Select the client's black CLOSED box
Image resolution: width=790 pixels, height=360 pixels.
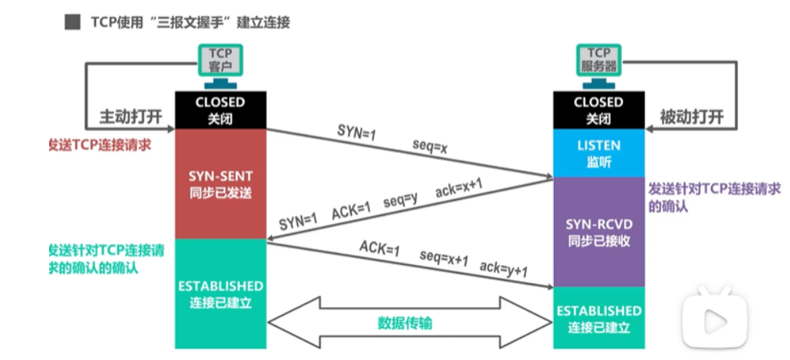pyautogui.click(x=220, y=110)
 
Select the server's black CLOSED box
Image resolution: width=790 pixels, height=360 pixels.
pyautogui.click(x=598, y=110)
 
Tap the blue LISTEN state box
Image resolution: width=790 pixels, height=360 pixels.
pyautogui.click(x=598, y=153)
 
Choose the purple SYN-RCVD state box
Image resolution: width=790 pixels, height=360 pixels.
pyautogui.click(x=598, y=231)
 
